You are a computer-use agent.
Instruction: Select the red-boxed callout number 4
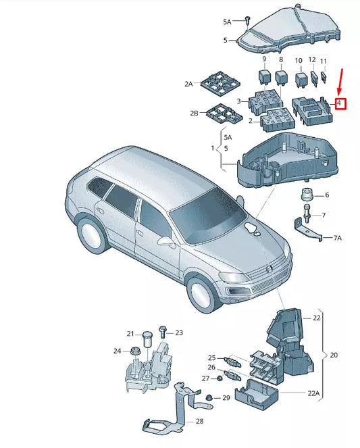(x=341, y=104)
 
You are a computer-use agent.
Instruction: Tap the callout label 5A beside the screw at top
(x=228, y=22)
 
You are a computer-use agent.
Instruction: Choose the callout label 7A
(x=338, y=239)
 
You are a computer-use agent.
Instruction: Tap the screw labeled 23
(x=162, y=332)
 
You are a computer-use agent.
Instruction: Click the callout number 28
(x=199, y=421)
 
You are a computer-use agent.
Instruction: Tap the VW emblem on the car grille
(x=266, y=270)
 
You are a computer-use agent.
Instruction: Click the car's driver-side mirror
(x=165, y=240)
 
